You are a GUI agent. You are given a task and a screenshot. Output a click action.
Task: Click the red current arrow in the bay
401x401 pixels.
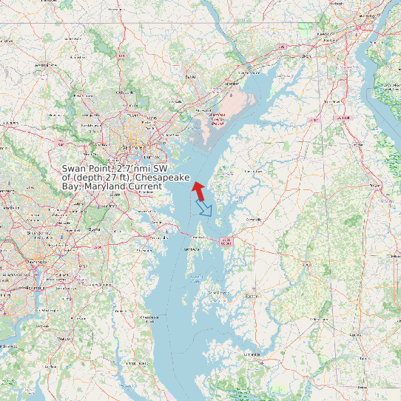coord(198,189)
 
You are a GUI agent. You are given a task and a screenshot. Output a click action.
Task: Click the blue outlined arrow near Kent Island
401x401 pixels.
coord(204,209)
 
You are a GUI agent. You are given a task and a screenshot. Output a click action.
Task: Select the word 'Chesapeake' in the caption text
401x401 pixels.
coord(162,178)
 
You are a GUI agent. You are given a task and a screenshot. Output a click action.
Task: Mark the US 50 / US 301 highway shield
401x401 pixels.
coord(226,240)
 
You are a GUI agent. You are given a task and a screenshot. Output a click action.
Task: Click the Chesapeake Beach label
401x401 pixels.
coord(150,317)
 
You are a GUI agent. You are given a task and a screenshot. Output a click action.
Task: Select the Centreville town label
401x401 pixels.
coord(254,220)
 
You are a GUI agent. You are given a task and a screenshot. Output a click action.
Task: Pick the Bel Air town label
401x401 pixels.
coord(191,75)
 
